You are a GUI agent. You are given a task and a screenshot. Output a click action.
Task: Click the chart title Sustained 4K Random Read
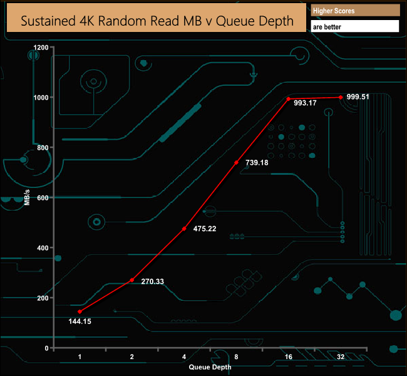157,20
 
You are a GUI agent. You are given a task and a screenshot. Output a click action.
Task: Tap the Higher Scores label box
355,11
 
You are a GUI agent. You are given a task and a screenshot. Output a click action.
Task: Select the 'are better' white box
355,27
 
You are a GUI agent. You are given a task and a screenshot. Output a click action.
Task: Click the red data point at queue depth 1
80,311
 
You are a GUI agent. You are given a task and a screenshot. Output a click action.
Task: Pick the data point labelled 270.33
131,280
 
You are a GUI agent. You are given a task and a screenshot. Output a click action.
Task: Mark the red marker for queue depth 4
184,229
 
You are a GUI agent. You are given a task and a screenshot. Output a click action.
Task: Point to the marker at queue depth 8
236,162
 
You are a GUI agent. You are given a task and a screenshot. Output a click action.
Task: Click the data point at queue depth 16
288,99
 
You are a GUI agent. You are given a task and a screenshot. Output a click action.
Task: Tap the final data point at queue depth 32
341,97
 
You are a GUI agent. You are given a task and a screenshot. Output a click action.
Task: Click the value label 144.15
80,321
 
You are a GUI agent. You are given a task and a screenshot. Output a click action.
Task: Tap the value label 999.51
358,97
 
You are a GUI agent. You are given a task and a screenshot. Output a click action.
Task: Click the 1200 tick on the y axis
42,48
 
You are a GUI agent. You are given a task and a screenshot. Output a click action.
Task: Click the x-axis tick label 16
288,357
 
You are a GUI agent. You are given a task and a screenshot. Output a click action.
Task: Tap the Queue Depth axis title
210,367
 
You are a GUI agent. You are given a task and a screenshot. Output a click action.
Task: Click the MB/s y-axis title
27,197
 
